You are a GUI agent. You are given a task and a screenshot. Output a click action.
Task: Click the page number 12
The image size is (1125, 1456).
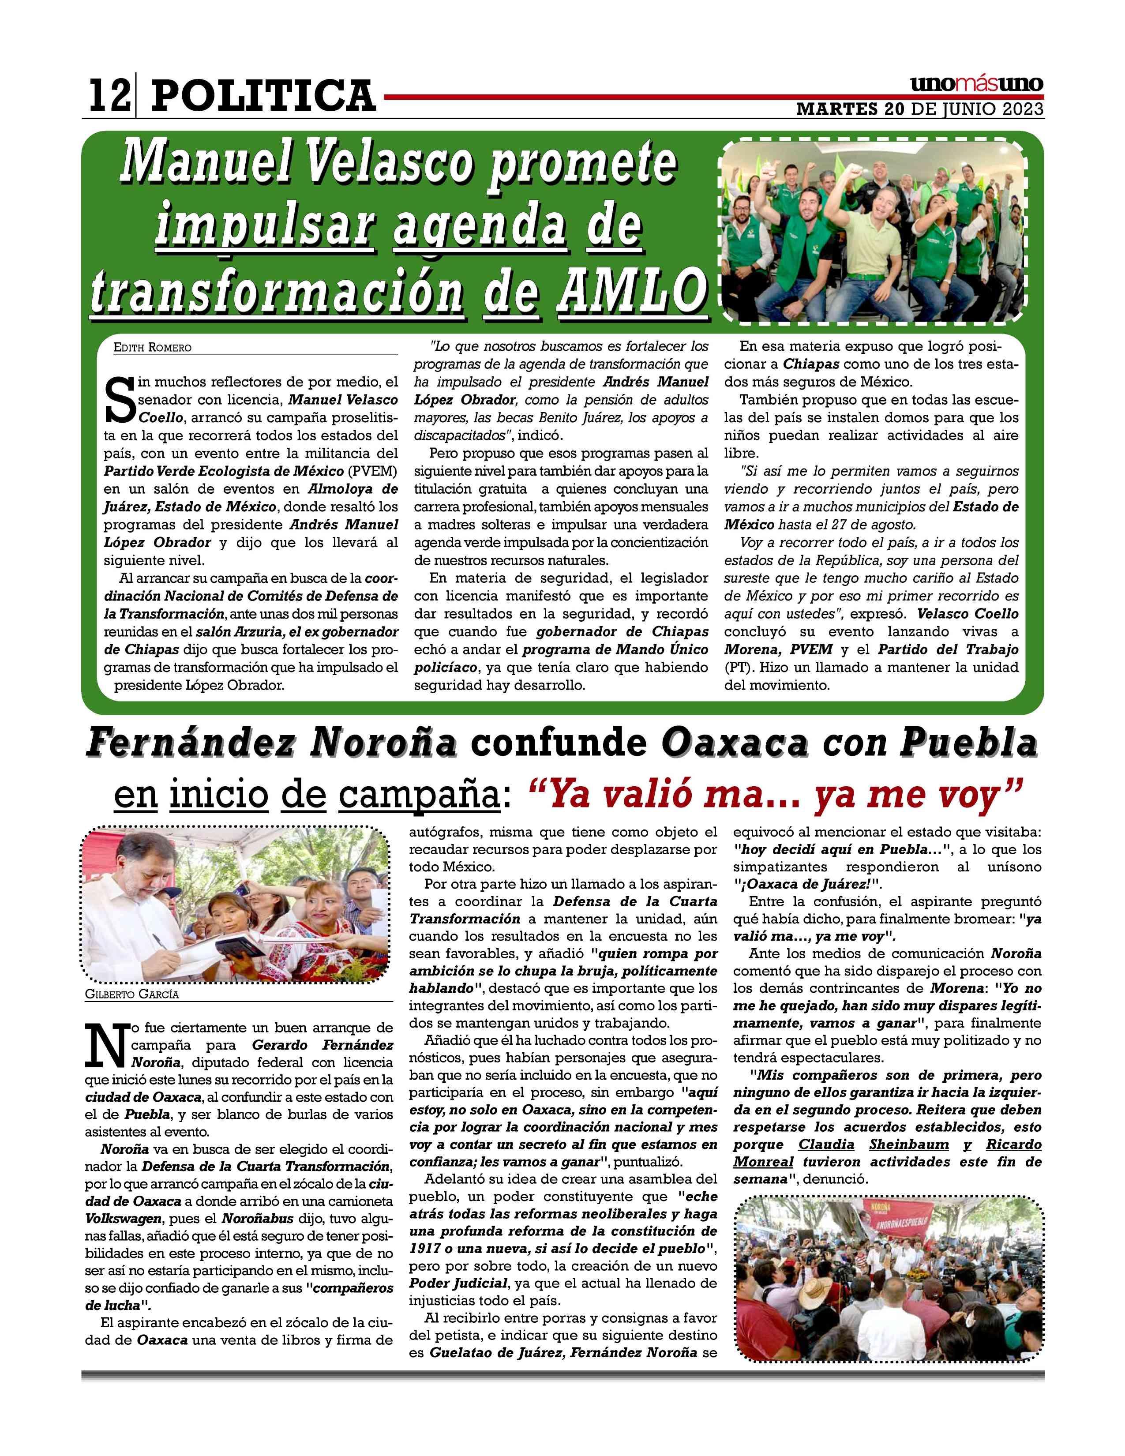pyautogui.click(x=109, y=95)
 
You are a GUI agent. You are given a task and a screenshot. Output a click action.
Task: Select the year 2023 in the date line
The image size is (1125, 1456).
pyautogui.click(x=1023, y=109)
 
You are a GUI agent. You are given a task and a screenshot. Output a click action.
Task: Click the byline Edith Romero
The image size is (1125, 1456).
pyautogui.click(x=153, y=347)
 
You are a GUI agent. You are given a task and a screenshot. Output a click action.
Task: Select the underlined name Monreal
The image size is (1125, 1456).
pyautogui.click(x=763, y=1161)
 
